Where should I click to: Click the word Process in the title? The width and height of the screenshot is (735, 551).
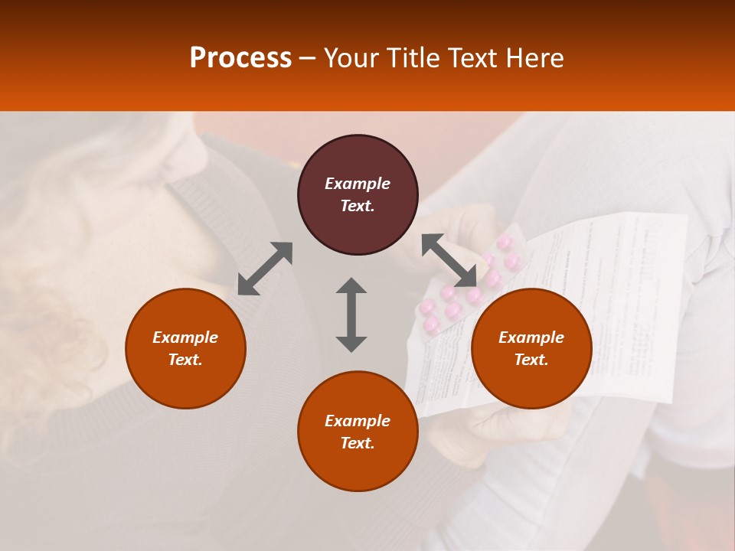(240, 57)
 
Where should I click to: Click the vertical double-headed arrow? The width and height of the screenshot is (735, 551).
(351, 315)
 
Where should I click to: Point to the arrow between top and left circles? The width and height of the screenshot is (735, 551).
(265, 269)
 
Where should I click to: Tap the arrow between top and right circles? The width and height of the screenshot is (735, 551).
(449, 262)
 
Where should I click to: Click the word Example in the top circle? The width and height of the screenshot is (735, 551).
(358, 184)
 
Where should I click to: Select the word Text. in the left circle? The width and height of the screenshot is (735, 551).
(185, 360)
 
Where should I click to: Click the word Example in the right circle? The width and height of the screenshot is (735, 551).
(531, 337)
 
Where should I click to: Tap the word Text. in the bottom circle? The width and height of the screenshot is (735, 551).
(358, 443)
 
